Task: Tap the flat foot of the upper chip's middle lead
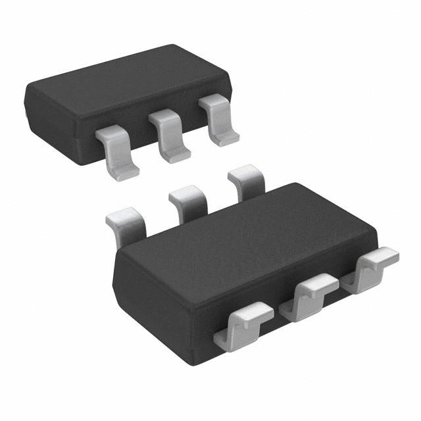(176, 155)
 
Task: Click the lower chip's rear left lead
(126, 224)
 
